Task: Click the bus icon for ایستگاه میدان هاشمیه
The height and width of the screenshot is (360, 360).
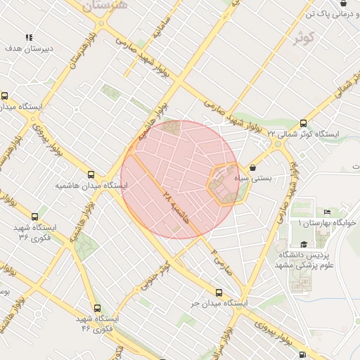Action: click(91, 174)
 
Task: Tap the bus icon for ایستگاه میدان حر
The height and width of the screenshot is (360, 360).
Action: click(219, 292)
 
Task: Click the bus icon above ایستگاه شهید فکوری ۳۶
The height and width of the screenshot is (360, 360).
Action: click(35, 217)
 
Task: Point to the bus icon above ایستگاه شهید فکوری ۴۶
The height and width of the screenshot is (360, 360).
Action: click(96, 308)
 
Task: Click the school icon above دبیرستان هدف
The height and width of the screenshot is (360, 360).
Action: click(29, 38)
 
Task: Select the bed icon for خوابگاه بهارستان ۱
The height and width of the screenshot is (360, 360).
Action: click(328, 212)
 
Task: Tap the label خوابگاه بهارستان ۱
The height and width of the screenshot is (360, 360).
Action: click(328, 222)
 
